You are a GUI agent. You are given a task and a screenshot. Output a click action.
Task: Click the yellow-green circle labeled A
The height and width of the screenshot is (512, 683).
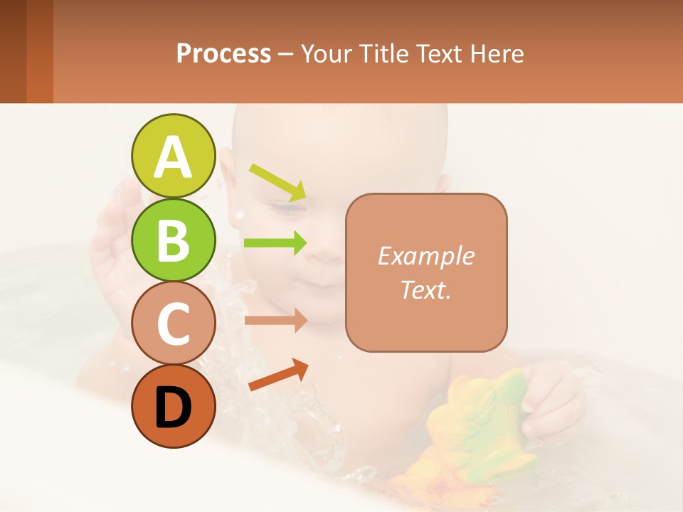[x=174, y=156]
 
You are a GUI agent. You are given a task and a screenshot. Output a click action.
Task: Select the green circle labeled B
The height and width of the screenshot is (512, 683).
[x=174, y=240]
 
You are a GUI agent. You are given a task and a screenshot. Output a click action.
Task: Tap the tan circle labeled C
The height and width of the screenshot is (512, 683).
[x=174, y=323]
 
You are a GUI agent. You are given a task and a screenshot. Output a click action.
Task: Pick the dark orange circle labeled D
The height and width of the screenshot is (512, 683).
[x=174, y=406]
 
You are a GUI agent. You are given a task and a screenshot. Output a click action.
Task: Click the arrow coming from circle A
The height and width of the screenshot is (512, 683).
[x=277, y=181]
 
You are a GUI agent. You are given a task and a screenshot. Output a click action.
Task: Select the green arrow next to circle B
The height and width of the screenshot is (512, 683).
[x=275, y=242]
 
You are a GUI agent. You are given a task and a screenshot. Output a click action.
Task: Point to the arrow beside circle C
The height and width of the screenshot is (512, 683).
[x=275, y=321]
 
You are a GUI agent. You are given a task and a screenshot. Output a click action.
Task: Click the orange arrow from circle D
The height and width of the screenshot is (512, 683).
[x=278, y=375]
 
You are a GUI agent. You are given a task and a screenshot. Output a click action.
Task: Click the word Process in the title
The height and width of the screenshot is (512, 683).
[x=223, y=53]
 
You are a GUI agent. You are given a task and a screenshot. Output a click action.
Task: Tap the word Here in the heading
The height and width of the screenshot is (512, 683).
[x=497, y=53]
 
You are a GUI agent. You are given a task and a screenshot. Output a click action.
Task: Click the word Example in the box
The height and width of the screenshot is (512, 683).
[x=425, y=256]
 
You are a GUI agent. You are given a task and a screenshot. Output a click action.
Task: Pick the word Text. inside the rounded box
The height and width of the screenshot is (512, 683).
[x=425, y=289]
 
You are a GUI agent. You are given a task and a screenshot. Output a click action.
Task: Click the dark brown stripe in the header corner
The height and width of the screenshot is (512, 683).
[x=13, y=51]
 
